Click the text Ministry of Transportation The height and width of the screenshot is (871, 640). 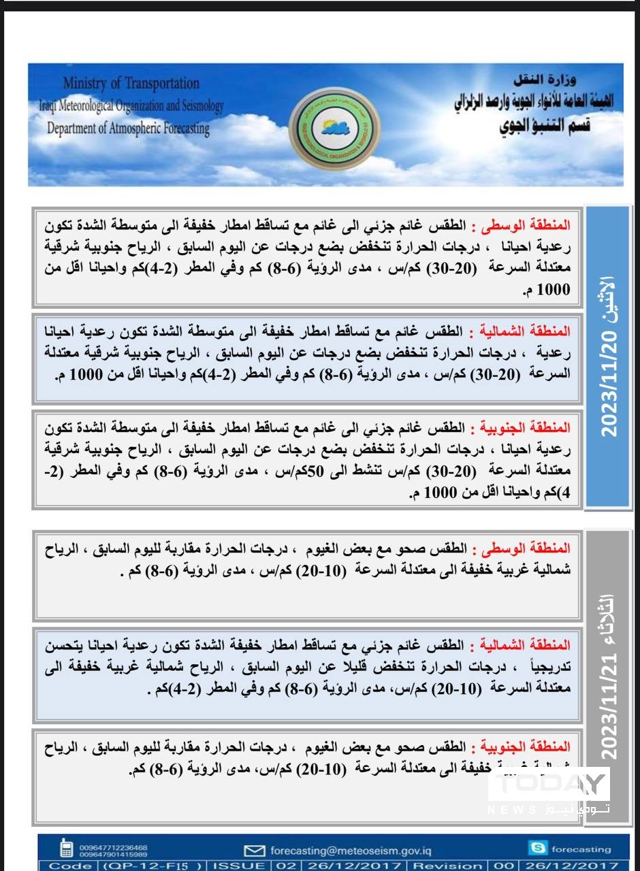click(x=131, y=84)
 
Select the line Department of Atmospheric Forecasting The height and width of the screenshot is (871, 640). click(x=128, y=128)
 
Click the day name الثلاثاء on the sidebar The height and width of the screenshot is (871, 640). click(x=608, y=613)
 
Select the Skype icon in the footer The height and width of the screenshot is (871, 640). click(x=537, y=848)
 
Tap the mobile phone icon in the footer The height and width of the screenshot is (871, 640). click(x=67, y=848)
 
